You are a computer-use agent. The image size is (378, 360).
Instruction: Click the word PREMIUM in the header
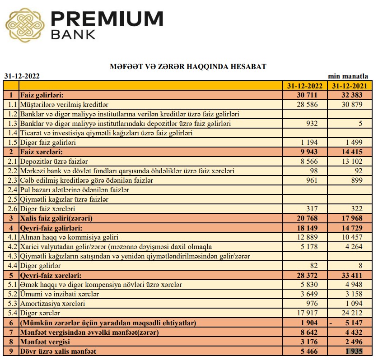(x=107, y=18)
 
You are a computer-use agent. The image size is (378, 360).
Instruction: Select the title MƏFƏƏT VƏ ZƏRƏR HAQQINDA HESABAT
(x=188, y=67)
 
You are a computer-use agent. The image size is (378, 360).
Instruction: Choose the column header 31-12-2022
(x=305, y=86)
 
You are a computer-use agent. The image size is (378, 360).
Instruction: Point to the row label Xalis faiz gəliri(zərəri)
(x=56, y=218)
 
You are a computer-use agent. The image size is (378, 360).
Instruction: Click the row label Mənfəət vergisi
(x=45, y=342)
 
